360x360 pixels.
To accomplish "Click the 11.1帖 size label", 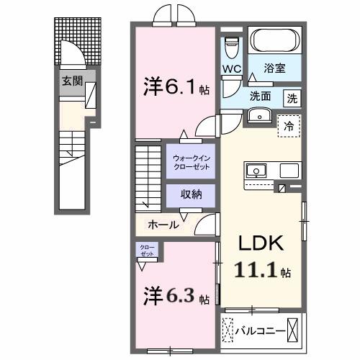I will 261,271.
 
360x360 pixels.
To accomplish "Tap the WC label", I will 231,69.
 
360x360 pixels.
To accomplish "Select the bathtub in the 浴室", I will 274,40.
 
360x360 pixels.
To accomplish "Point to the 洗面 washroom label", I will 261,96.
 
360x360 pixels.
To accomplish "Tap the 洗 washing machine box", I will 293,97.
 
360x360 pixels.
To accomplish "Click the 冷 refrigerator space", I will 289,124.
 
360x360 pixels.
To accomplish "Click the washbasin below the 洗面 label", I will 258,115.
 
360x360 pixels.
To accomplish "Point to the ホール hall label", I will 163,225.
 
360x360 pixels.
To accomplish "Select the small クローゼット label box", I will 147,251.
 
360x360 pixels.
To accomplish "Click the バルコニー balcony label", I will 263,332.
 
